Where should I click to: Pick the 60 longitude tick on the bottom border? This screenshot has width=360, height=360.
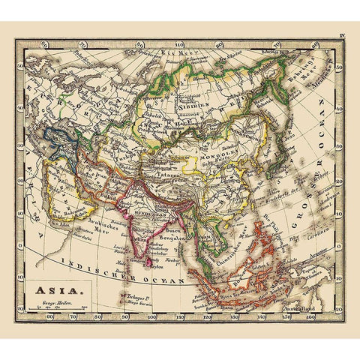49,317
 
